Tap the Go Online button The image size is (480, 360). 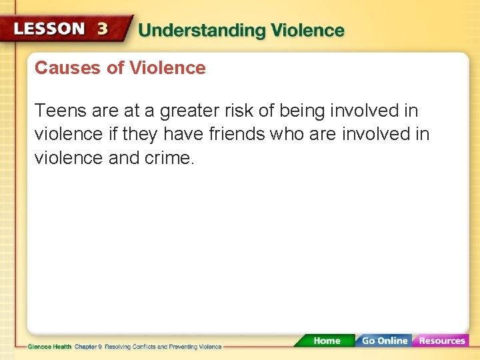383,341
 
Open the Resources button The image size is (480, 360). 441,341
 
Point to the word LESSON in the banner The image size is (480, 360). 50,29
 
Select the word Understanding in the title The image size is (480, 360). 200,31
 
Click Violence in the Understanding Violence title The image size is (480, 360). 305,31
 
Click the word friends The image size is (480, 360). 237,135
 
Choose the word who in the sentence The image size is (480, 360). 288,135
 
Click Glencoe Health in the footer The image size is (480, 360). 50,347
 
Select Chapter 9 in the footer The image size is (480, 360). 89,347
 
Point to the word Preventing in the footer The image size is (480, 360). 176,347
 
